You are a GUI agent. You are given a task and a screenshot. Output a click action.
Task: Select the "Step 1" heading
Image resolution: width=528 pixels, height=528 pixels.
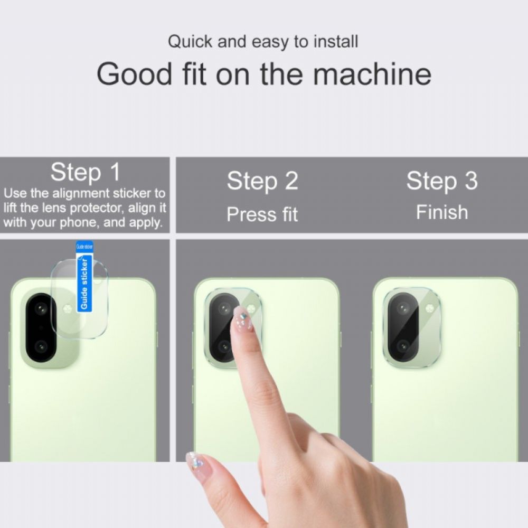[x=85, y=172]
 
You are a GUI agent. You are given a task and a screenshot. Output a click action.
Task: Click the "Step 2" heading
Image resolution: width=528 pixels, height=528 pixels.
[x=262, y=181]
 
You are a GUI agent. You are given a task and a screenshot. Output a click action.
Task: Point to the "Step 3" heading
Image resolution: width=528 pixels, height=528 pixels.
[x=441, y=181]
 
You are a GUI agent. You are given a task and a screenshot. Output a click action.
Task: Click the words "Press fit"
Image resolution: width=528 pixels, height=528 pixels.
[x=262, y=214]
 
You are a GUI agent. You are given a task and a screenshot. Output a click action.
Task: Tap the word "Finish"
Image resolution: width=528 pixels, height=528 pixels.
[x=442, y=212]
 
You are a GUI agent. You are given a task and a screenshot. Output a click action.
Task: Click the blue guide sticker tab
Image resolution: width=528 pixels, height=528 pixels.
[x=84, y=276]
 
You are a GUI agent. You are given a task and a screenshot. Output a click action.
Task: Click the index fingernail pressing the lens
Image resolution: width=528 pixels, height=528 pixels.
[x=243, y=318]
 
